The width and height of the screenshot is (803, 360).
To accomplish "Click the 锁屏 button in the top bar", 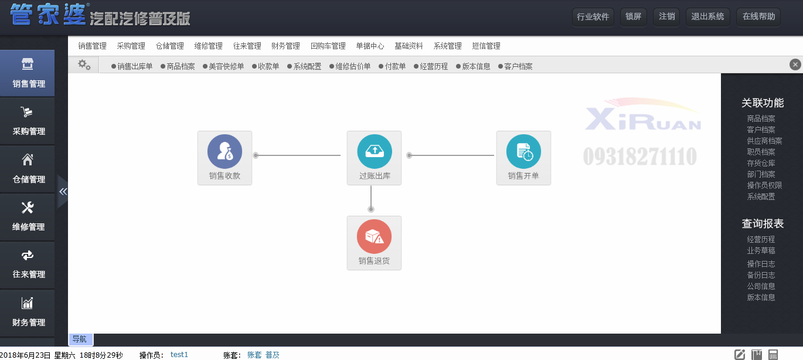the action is point(634,16).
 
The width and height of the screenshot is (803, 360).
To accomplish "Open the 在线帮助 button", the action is point(758,16).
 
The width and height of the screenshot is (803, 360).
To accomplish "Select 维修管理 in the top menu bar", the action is point(208,46).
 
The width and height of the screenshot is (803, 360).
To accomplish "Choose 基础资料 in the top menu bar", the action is point(409,46).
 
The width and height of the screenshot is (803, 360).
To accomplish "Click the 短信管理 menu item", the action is point(486,46).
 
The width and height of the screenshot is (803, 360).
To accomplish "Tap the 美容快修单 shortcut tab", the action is point(223,66).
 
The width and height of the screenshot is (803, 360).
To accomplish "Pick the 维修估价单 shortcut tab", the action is point(350,66).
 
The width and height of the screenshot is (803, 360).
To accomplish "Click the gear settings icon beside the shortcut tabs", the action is point(84,65).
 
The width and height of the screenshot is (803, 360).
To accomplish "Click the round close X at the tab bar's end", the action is point(795,64).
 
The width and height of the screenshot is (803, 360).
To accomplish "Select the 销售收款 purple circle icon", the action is point(224,151).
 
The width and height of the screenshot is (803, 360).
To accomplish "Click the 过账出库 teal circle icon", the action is point(375,151).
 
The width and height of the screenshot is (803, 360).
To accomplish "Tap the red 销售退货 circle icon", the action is point(374,236).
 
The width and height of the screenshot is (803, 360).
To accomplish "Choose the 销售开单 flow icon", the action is point(523,158).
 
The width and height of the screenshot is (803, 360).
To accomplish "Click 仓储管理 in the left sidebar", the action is point(28,169).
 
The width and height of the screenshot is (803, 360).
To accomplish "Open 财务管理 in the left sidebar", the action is point(28,313).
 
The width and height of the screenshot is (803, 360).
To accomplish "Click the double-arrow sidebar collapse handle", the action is point(63,192).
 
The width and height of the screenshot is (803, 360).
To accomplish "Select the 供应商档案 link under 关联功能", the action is point(764,141).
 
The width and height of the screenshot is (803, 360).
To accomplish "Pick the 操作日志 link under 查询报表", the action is point(761,264).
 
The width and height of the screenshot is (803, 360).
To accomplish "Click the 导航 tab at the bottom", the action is point(80,339).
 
